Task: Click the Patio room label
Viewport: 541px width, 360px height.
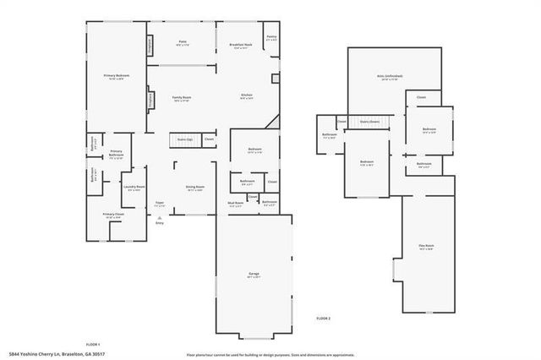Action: (182, 42)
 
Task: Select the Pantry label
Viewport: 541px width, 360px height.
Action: (271, 37)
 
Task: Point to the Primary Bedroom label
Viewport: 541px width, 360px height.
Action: (116, 77)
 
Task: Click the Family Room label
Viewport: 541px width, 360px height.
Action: (182, 98)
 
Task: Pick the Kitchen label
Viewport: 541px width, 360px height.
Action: (248, 95)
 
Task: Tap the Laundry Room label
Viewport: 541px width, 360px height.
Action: (134, 188)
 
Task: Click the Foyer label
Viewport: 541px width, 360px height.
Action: (159, 204)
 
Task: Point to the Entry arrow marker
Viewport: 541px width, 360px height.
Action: (159, 218)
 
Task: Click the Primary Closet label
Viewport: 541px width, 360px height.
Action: (113, 215)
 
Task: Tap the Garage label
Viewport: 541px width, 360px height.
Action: (254, 275)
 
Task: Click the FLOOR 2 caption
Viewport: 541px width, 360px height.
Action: (323, 318)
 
